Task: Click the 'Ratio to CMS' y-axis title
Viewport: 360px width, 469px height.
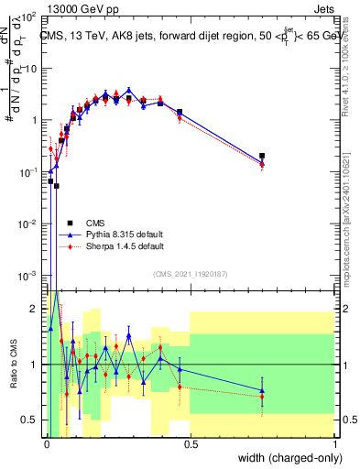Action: pyautogui.click(x=12, y=365)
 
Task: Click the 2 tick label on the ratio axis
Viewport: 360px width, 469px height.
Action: pyautogui.click(x=34, y=309)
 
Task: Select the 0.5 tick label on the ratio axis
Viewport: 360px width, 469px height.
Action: pyautogui.click(x=29, y=420)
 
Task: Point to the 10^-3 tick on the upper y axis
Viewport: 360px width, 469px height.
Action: pyautogui.click(x=29, y=276)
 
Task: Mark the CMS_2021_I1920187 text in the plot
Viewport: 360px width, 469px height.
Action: pyautogui.click(x=190, y=274)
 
